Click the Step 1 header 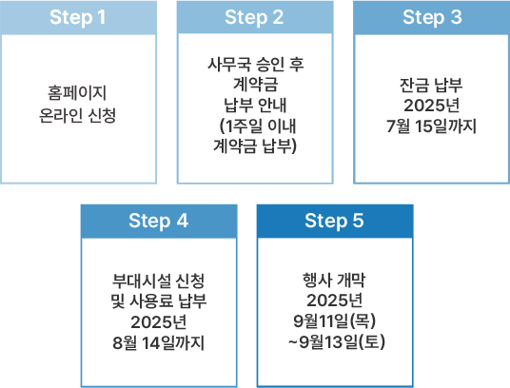tap(78, 17)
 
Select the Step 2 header tap(255, 17)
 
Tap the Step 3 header tap(432, 17)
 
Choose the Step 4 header tap(159, 221)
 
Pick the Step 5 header tap(335, 221)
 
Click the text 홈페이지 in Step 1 tap(77, 93)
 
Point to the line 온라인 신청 tap(77, 115)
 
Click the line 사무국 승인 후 tap(256, 64)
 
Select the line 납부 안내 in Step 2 tap(255, 105)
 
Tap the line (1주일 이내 tap(258, 126)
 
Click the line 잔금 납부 tap(431, 86)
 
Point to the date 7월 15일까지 tap(431, 126)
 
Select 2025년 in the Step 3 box tap(432, 106)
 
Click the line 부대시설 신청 tap(158, 281)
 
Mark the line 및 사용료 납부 tap(159, 301)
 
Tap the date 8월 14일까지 tap(159, 342)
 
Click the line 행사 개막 tap(334, 281)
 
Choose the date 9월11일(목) tap(335, 321)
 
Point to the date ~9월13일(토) tap(336, 341)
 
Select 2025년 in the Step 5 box tap(335, 301)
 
